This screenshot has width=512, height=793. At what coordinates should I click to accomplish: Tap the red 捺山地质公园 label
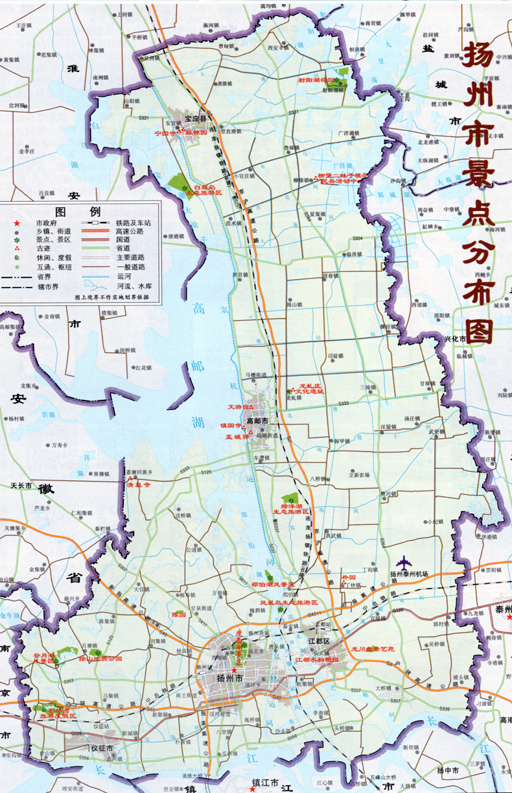(x=100, y=659)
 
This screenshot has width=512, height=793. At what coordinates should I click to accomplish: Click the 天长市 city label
(x=21, y=485)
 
